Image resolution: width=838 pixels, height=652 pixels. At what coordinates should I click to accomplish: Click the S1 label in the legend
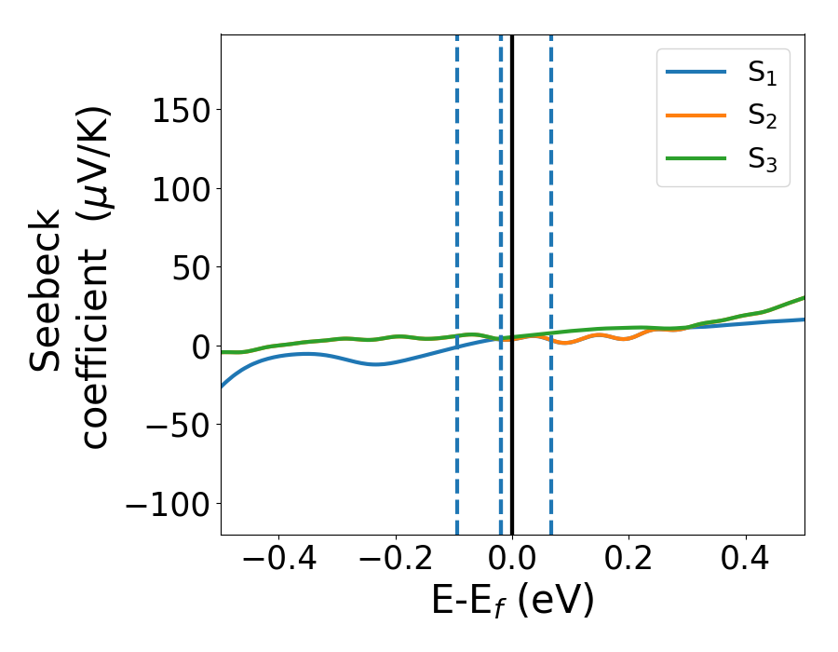click(762, 75)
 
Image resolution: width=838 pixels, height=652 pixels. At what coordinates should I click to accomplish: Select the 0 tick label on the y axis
click(200, 346)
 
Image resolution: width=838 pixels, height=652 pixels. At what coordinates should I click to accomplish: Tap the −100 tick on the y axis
click(168, 504)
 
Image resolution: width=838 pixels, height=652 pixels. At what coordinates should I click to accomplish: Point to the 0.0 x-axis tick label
click(512, 563)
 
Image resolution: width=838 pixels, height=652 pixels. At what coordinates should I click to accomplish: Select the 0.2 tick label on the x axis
click(629, 563)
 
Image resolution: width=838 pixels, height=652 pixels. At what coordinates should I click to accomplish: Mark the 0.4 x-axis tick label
click(746, 563)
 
